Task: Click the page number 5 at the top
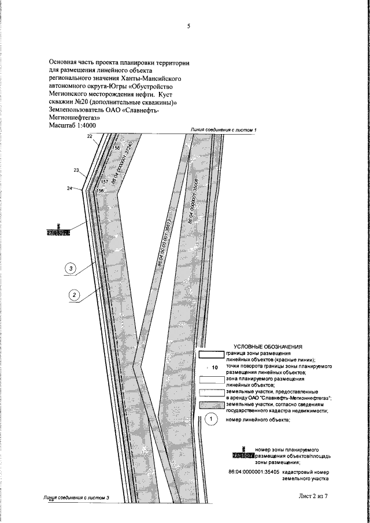[x=188, y=26]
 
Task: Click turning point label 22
[x=90, y=136]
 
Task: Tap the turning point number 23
[x=76, y=170]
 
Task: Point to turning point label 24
[x=70, y=188]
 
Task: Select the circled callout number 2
[x=74, y=294]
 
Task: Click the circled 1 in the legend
[x=212, y=419]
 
